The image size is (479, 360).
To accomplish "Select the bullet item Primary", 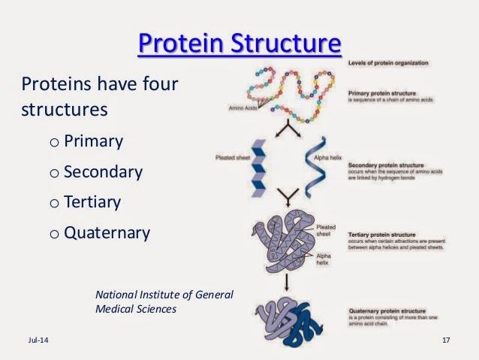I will [93, 141].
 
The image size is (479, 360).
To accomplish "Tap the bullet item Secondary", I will [103, 171].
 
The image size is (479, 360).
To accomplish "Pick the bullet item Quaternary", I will [107, 232].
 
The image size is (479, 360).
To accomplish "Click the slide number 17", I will [446, 342].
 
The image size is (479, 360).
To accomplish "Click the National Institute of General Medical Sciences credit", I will [164, 301].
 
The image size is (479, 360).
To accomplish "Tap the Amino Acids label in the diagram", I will [245, 108].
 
